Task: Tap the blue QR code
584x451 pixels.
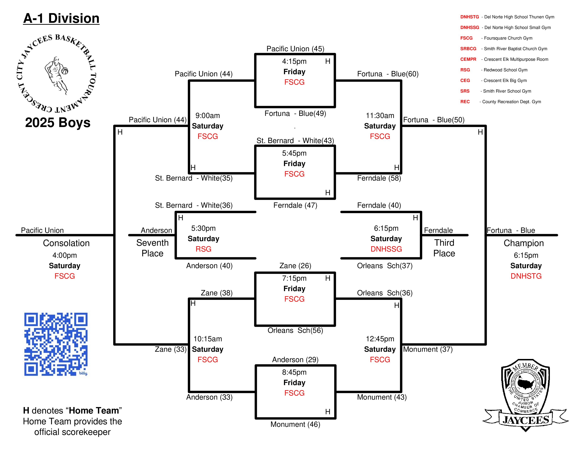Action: coord(56,344)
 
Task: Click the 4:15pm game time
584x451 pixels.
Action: coord(294,61)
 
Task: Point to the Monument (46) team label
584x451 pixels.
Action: coord(295,424)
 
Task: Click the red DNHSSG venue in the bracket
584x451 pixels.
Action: coord(386,249)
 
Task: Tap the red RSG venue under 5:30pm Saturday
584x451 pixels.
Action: coord(204,249)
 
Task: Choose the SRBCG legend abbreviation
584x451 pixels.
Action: coord(468,49)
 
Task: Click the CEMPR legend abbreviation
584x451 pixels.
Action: coord(468,59)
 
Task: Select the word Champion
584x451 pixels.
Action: coord(524,243)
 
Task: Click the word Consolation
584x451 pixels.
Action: coord(66,243)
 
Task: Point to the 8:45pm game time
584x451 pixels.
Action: coord(294,372)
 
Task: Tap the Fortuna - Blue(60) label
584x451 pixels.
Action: coord(388,74)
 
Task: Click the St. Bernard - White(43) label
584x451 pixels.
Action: coord(295,141)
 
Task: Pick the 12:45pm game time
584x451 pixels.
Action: coord(380,339)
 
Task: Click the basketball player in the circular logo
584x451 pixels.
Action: coord(56,75)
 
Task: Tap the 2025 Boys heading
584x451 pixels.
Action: coord(58,123)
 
